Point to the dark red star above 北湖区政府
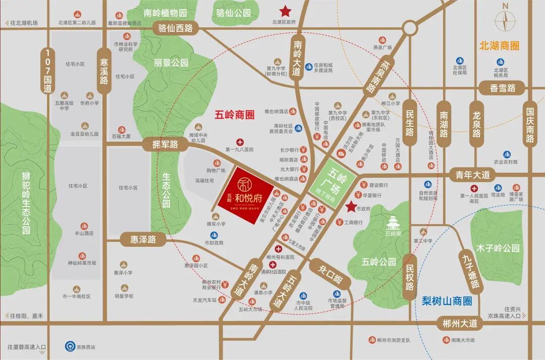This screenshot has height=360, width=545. click(x=286, y=10)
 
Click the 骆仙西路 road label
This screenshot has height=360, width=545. click(x=176, y=28)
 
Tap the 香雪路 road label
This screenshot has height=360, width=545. click(x=503, y=88)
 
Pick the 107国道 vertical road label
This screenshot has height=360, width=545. click(x=48, y=71)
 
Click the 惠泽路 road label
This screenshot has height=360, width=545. click(x=143, y=239)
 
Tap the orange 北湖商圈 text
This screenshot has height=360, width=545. click(x=500, y=46)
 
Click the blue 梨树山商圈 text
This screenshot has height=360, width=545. click(x=447, y=301)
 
